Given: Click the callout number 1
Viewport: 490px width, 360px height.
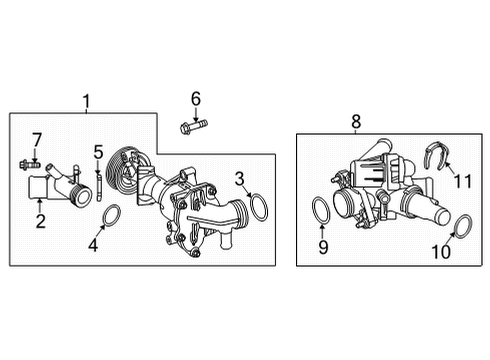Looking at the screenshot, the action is coord(86,102).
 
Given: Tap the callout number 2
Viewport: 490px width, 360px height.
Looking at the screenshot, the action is coord(41,221).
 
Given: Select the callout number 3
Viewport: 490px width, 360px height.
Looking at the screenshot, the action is coord(240,179).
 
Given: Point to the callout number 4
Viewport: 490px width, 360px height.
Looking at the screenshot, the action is coord(93,245).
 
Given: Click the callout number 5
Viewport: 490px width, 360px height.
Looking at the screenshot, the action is coord(98,152).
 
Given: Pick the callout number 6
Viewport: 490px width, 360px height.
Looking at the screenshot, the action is coord(196,99).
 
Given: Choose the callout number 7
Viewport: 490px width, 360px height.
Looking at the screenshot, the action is coord(36,140).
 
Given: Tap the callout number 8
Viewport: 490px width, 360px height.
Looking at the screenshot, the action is coord(356,121).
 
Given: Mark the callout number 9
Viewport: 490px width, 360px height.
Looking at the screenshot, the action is coord(323,247).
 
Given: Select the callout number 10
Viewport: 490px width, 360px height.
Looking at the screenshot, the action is coord(441,252).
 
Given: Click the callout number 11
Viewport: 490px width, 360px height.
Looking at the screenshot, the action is coord(463,181).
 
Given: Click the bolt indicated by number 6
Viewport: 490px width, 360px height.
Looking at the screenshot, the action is coord(193,127).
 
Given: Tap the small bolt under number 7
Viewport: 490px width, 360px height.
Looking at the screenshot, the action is coord(30,164).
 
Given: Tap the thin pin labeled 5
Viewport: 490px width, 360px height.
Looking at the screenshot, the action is coord(99,187).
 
